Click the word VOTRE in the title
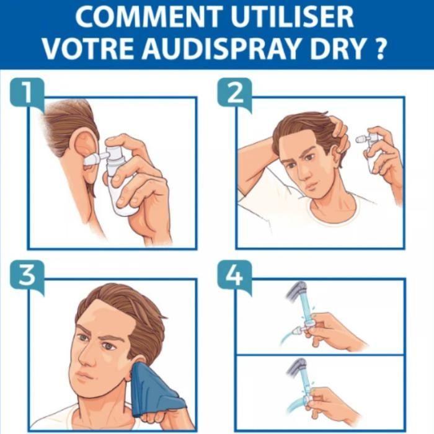[x=91, y=48]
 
